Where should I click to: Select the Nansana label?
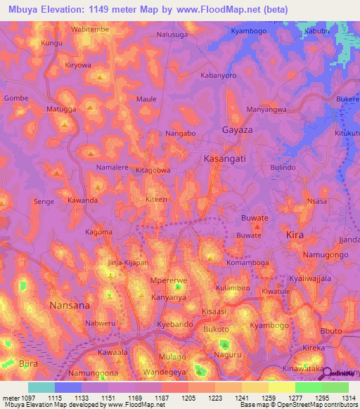(70, 306)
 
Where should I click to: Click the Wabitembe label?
(91, 30)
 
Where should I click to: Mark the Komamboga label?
(247, 263)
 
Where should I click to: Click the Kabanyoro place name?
(217, 74)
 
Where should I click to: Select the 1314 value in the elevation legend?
(340, 397)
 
